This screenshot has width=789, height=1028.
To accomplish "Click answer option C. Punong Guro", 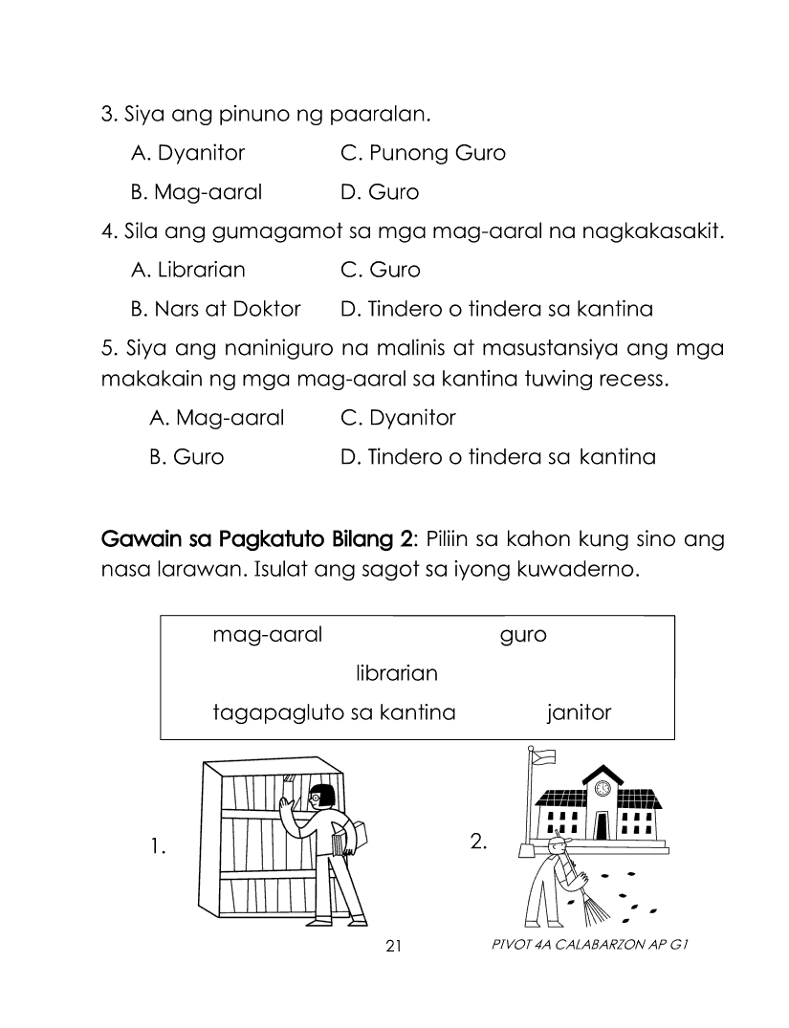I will (x=423, y=153).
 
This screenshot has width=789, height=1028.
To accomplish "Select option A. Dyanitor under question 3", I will (x=187, y=153).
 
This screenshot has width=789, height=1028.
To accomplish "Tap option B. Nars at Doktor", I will (x=215, y=309).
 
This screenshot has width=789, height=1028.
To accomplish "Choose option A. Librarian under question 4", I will (x=187, y=270).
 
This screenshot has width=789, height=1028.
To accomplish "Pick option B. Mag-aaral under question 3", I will (x=195, y=192).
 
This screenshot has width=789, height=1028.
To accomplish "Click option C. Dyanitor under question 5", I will (x=398, y=418).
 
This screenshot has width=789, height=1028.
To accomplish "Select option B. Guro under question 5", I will (x=186, y=457).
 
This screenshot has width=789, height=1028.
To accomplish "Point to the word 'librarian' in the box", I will (x=396, y=673).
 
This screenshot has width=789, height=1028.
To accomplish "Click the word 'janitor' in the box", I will (x=579, y=712).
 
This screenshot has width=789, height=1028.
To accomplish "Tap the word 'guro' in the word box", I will (x=523, y=635).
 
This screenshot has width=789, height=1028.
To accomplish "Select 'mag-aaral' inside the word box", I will (x=268, y=635).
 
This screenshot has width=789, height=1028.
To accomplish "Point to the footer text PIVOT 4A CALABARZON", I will (x=588, y=946).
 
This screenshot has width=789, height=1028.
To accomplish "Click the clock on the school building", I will (x=603, y=788).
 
